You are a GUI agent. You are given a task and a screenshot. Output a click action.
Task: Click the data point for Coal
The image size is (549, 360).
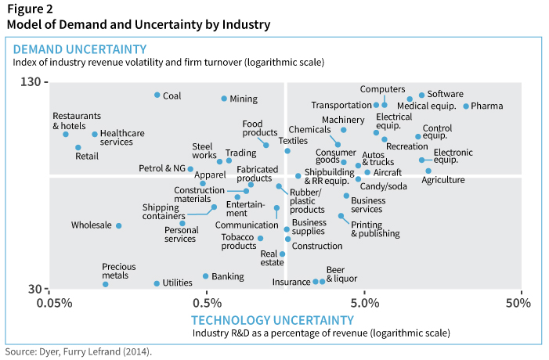pos(157,95)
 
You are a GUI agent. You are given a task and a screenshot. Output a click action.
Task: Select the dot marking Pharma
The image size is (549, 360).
pos(466,106)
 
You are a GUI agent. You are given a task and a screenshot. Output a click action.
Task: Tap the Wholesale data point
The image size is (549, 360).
pos(119,225)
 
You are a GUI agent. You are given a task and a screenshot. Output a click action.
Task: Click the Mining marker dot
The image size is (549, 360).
pos(224,99)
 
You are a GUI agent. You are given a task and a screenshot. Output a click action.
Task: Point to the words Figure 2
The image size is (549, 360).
pos(31,9)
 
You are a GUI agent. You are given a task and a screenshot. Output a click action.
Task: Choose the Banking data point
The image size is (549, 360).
pos(206,276)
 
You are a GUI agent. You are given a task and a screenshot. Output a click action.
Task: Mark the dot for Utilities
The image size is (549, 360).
pos(157,283)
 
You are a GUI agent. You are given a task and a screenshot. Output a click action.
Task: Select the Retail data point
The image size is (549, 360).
pos(78,147)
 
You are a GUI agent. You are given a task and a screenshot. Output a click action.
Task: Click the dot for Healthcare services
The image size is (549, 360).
pos(95,134)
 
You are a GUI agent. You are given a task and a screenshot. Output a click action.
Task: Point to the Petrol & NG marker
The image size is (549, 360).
pos(190,168)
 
